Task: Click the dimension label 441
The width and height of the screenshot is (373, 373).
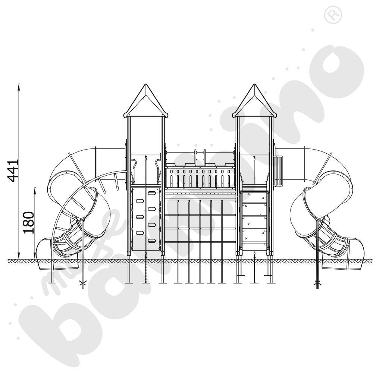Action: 13,170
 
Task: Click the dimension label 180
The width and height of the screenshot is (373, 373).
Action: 29,222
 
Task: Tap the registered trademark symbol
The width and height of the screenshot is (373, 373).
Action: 333,16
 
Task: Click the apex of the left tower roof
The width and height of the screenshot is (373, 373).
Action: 146,84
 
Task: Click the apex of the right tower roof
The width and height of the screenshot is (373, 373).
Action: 254,84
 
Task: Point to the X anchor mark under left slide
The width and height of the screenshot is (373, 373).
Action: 83,283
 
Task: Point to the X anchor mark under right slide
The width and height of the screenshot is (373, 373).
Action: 317,283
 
